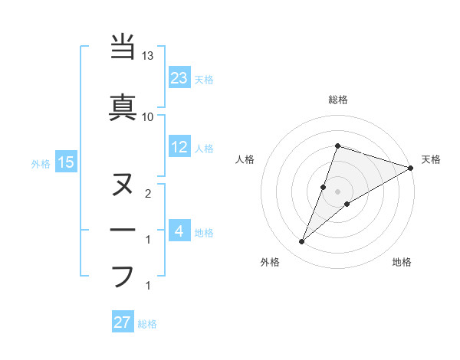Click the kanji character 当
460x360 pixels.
coord(123,47)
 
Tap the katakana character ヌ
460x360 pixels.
coord(123,185)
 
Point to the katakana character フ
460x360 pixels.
coord(123,276)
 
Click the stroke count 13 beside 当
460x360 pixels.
coord(148,57)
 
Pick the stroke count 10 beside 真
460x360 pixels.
coord(148,116)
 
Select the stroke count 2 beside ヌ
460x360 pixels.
coord(148,194)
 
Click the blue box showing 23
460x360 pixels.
coord(179,77)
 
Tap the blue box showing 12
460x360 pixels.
coord(179,147)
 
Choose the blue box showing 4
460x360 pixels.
coord(179,231)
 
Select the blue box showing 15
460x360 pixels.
coord(65,162)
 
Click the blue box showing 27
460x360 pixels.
coord(123,322)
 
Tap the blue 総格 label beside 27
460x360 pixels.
coord(147,323)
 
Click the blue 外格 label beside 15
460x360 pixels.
coord(41,162)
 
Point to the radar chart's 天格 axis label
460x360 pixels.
coord(431,159)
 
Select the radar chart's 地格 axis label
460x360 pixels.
coord(402,262)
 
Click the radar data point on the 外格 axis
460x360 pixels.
coord(302,242)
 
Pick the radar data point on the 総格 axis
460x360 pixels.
coord(337,146)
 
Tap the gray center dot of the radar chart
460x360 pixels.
coord(338,191)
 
